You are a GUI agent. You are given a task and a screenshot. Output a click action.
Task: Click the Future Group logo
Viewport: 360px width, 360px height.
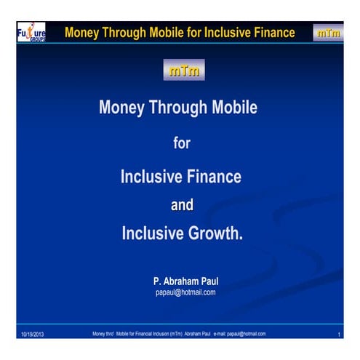pos(31,33)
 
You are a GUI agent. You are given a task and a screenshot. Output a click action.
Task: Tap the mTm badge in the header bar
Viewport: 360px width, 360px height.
pos(328,33)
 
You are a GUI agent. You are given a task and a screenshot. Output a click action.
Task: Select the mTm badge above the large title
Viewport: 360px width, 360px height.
pos(185,71)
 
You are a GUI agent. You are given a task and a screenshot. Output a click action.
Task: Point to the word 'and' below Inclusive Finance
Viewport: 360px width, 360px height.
pos(182,205)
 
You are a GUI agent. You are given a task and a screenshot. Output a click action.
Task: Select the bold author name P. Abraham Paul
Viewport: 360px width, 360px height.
pos(185,280)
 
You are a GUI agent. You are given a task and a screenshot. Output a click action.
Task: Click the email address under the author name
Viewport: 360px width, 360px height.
pos(185,292)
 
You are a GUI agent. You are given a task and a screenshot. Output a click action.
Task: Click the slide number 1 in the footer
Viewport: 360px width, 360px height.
pos(340,334)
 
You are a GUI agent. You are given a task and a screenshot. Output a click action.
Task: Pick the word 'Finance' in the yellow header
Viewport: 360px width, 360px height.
pos(273,33)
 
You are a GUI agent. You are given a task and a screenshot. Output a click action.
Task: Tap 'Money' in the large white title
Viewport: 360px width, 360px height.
pos(122,108)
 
